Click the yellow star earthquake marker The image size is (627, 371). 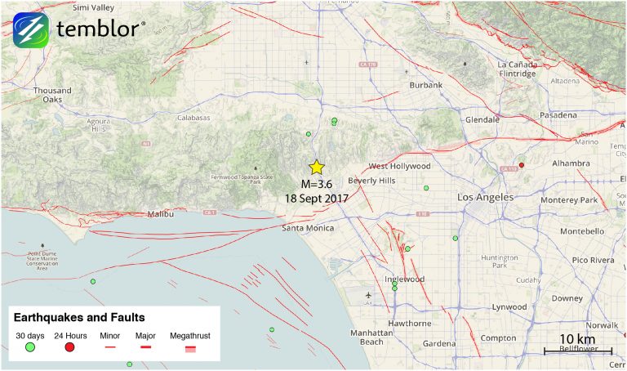[317, 167]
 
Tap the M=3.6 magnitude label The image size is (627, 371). [317, 184]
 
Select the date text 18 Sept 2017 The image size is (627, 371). [317, 199]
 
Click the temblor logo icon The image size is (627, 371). [31, 30]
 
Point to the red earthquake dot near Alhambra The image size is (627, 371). [522, 165]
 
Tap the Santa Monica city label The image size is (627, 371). [308, 228]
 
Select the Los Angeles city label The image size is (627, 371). [485, 198]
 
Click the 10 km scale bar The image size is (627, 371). [577, 351]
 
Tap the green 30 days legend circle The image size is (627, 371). [30, 347]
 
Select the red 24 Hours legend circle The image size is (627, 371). [69, 347]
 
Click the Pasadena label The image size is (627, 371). [558, 115]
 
